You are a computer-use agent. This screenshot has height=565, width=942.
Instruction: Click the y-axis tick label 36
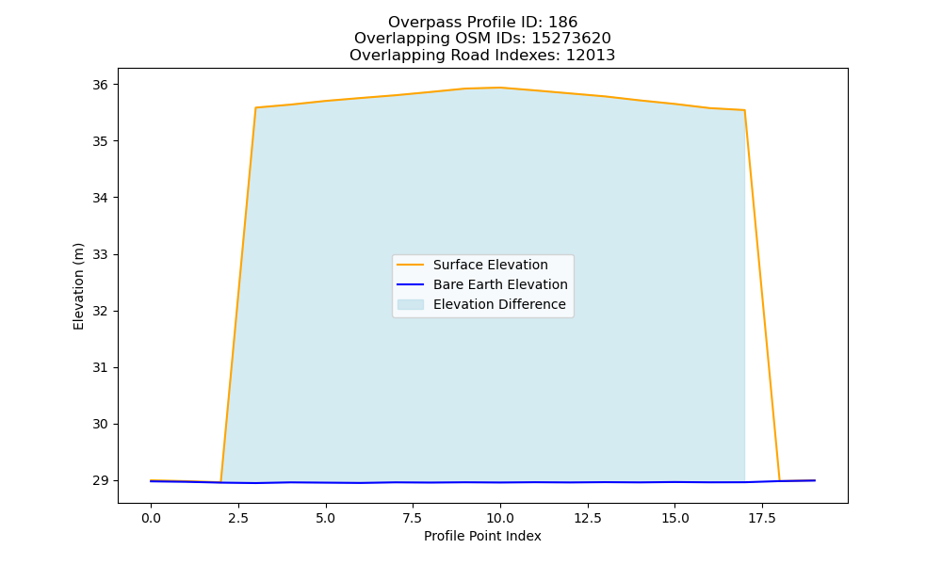101,85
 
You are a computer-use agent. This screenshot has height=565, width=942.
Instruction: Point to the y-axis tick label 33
101,254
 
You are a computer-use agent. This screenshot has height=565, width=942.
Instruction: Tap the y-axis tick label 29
101,480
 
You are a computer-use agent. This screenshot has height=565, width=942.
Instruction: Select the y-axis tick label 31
101,367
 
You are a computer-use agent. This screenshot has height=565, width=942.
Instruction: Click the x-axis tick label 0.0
151,518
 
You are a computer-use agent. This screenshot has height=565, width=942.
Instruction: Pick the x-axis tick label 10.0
500,518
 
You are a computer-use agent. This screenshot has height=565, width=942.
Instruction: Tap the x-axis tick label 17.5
762,518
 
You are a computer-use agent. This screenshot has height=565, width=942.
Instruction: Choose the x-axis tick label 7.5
413,518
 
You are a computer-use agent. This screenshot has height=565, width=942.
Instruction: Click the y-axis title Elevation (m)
78,286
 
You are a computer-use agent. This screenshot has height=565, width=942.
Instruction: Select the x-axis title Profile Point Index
482,536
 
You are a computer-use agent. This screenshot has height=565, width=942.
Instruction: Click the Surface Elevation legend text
490,265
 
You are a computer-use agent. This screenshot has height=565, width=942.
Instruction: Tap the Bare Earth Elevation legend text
500,284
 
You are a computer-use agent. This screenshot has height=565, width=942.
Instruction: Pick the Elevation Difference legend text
499,304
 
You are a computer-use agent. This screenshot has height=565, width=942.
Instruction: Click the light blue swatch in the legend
411,304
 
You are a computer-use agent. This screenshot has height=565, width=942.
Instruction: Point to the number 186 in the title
563,23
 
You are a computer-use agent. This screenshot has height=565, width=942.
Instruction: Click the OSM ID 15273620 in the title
572,39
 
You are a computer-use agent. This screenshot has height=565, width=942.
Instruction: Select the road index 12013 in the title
591,56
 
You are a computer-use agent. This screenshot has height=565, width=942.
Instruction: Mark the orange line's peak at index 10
500,88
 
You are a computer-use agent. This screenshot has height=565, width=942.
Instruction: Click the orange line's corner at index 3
256,108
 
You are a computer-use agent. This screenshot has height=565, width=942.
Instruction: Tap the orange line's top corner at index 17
744,110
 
